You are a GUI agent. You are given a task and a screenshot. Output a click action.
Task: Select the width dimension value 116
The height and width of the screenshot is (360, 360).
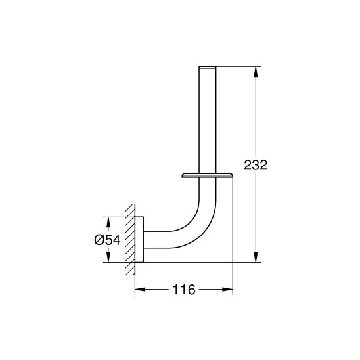184,290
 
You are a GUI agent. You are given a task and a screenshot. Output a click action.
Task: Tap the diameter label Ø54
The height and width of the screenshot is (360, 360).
108,239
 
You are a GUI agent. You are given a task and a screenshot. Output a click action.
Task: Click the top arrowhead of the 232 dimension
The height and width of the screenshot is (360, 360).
255,70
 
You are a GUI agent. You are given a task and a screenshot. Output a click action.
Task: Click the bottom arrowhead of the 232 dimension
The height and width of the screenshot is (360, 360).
255,258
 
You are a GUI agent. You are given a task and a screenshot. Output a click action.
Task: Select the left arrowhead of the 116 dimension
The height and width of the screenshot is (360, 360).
138,290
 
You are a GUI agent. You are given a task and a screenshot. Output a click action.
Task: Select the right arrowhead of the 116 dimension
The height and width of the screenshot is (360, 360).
230,290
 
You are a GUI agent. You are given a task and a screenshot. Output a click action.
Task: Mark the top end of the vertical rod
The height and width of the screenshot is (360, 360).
206,68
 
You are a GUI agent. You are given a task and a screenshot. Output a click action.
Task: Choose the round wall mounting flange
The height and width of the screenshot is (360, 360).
141,239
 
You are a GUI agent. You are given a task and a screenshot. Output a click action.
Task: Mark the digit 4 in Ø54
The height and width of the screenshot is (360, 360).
116,239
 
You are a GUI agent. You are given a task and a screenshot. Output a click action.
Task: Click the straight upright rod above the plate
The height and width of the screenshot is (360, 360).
206,118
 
